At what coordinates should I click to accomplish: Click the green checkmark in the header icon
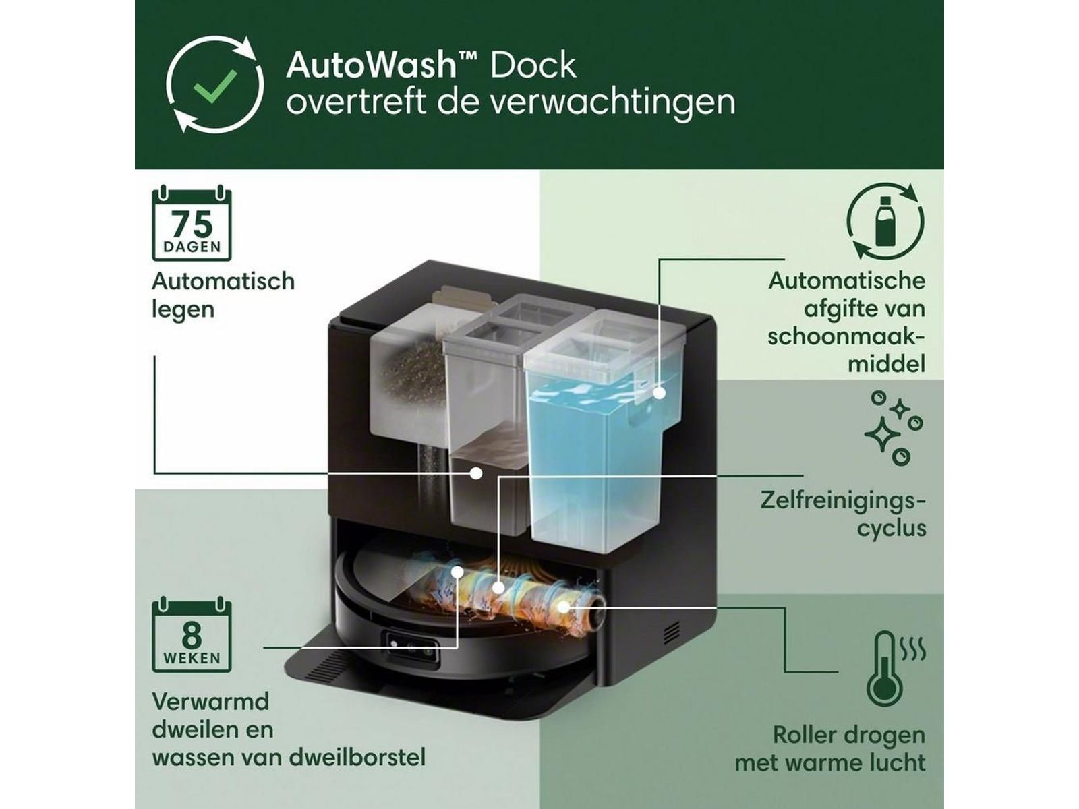pyautogui.click(x=215, y=86)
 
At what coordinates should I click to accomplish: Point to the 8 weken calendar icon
pyautogui.click(x=192, y=634)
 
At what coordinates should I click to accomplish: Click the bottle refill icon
pyautogui.click(x=885, y=222)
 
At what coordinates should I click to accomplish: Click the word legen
pyautogui.click(x=183, y=310)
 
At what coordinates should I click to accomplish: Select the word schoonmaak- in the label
pyautogui.click(x=846, y=337)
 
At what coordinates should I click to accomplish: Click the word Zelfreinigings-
pyautogui.click(x=842, y=502)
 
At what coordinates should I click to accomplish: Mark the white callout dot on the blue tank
pyautogui.click(x=660, y=393)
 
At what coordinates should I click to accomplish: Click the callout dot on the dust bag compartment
pyautogui.click(x=475, y=473)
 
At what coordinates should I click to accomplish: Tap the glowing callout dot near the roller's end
pyautogui.click(x=563, y=607)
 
